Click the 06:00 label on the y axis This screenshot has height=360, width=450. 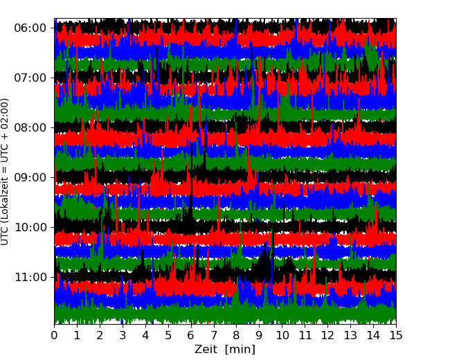coord(30,28)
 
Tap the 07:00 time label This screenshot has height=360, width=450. coord(30,78)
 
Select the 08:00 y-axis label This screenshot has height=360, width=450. coord(30,128)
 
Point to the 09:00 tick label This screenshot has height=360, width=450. coord(30,177)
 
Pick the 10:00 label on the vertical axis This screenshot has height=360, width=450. coord(30,227)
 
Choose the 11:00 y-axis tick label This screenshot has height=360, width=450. coord(30,278)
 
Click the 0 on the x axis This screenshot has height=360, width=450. coord(54,335)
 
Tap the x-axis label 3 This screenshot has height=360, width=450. coord(123,335)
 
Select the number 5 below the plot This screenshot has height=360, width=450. coord(168,335)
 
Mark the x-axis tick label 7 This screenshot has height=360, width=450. coord(214,335)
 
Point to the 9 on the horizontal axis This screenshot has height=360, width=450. coord(259,335)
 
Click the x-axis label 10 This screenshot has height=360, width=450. coord(282,335)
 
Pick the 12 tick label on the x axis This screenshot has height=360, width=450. coord(327,335)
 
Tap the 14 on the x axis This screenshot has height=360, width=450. coord(373,335)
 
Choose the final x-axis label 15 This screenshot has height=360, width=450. coord(396,335)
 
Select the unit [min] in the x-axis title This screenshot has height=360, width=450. coord(240,350)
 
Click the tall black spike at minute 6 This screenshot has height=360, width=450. coord(191,183)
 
